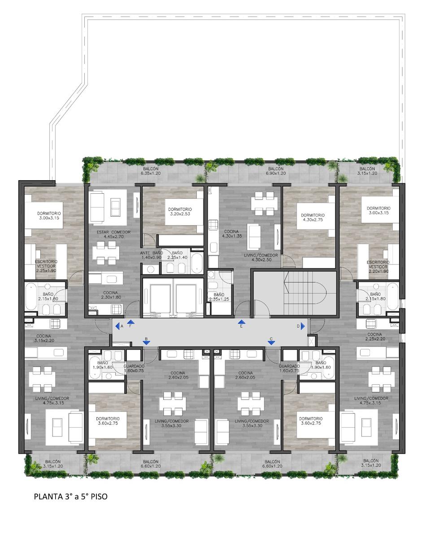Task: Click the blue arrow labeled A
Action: [117, 326]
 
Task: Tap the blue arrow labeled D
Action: [303, 326]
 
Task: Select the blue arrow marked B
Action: [146, 343]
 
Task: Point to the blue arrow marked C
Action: [271, 343]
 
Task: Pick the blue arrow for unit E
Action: [241, 322]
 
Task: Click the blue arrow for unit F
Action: [130, 322]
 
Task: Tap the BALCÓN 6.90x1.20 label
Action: [276, 171]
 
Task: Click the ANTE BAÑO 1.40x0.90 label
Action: [152, 255]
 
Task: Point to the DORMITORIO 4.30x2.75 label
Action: [313, 217]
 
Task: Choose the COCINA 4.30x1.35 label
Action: [231, 234]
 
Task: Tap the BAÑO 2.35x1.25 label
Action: [219, 297]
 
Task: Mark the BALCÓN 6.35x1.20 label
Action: [151, 171]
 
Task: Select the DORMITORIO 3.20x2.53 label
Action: [180, 212]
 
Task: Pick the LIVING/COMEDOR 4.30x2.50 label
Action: [261, 257]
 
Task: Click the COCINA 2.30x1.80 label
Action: [111, 295]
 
